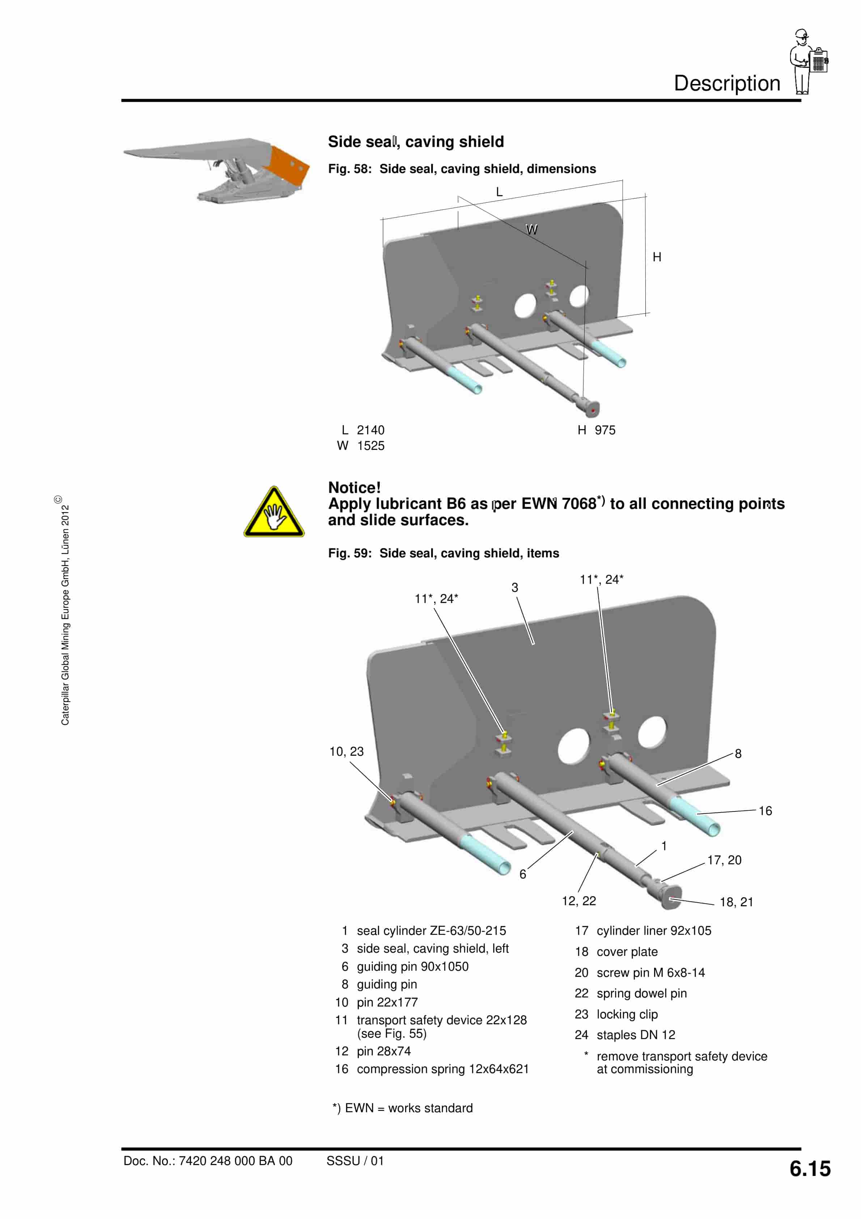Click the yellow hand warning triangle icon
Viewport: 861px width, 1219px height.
pyautogui.click(x=274, y=513)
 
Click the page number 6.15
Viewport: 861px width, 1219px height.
pyautogui.click(x=810, y=1169)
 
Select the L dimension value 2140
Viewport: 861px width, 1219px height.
pyautogui.click(x=370, y=430)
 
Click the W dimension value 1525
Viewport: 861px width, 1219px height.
pyautogui.click(x=370, y=446)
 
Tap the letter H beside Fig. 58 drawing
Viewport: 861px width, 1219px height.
pyautogui.click(x=657, y=257)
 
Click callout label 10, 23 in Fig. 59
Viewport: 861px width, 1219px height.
pyautogui.click(x=346, y=751)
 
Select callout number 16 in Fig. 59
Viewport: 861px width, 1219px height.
pyautogui.click(x=764, y=811)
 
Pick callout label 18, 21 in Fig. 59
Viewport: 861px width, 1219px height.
pyautogui.click(x=736, y=902)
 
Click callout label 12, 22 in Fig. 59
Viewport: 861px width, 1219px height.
pyautogui.click(x=578, y=901)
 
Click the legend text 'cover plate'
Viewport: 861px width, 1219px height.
pyautogui.click(x=627, y=952)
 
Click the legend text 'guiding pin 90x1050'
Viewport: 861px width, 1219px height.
pyautogui.click(x=412, y=966)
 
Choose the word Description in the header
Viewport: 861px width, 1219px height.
pyautogui.click(x=727, y=83)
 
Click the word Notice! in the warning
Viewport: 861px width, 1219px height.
pyautogui.click(x=354, y=488)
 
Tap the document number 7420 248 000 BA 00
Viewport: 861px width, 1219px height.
pyautogui.click(x=235, y=1161)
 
